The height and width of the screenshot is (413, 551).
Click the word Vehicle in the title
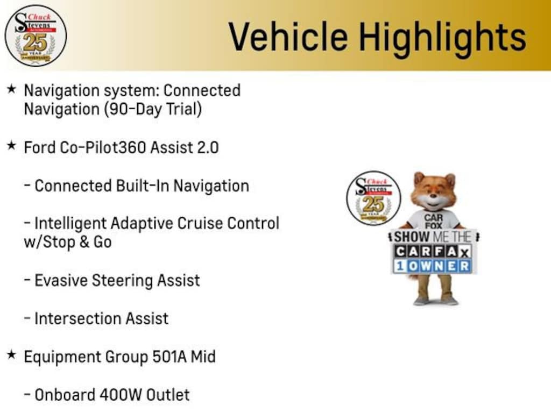(288, 36)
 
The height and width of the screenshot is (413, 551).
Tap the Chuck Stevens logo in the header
(36, 35)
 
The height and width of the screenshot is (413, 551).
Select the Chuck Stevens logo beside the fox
(373, 198)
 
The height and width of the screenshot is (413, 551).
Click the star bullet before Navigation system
(12, 89)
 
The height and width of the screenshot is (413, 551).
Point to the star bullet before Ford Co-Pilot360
(12, 145)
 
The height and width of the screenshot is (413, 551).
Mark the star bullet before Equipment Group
(12, 355)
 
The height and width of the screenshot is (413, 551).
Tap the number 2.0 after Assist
(208, 147)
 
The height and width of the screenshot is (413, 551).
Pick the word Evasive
(61, 281)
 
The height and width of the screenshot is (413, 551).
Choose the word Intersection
(77, 318)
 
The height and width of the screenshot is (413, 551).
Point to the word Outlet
(168, 395)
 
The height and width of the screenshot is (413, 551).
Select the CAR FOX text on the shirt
(433, 222)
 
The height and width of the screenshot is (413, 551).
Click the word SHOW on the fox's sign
(412, 237)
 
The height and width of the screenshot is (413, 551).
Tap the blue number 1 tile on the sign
(400, 266)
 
